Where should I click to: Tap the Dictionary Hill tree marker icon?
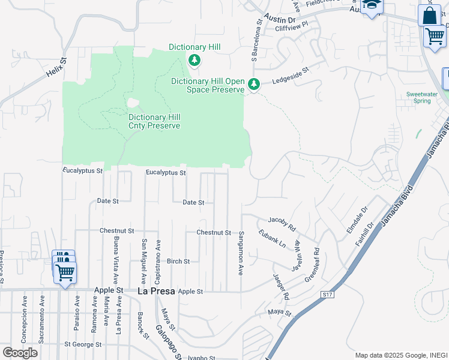pos(194,59)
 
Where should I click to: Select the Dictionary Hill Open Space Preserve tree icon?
pos(254,85)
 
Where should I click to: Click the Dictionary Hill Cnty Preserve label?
pos(154,121)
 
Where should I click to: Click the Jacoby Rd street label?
pos(282,224)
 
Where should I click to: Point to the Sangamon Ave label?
pos(241,253)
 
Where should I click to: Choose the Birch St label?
pos(178,262)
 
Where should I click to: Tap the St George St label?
pos(83,345)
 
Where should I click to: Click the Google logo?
pos(20,353)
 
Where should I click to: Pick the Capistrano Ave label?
pos(158,262)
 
